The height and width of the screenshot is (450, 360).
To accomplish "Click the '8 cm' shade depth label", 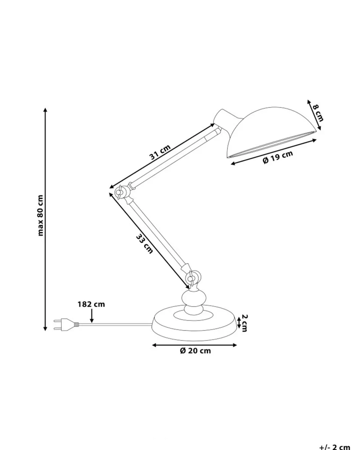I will [x=318, y=113].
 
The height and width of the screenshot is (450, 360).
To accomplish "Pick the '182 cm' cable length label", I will [x=91, y=304].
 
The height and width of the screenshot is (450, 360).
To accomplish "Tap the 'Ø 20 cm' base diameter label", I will [x=195, y=351].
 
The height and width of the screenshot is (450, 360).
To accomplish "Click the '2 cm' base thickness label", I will [x=245, y=323].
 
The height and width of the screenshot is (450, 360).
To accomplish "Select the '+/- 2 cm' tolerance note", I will [x=334, y=447].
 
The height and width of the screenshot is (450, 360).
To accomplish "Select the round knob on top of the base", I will [x=193, y=298].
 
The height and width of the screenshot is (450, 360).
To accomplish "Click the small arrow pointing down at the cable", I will [x=92, y=316].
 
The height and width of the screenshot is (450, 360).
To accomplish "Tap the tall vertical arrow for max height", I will [x=45, y=219].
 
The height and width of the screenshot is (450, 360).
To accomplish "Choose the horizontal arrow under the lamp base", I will [x=194, y=345].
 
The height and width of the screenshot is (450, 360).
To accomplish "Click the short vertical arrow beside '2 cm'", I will [x=238, y=322].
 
